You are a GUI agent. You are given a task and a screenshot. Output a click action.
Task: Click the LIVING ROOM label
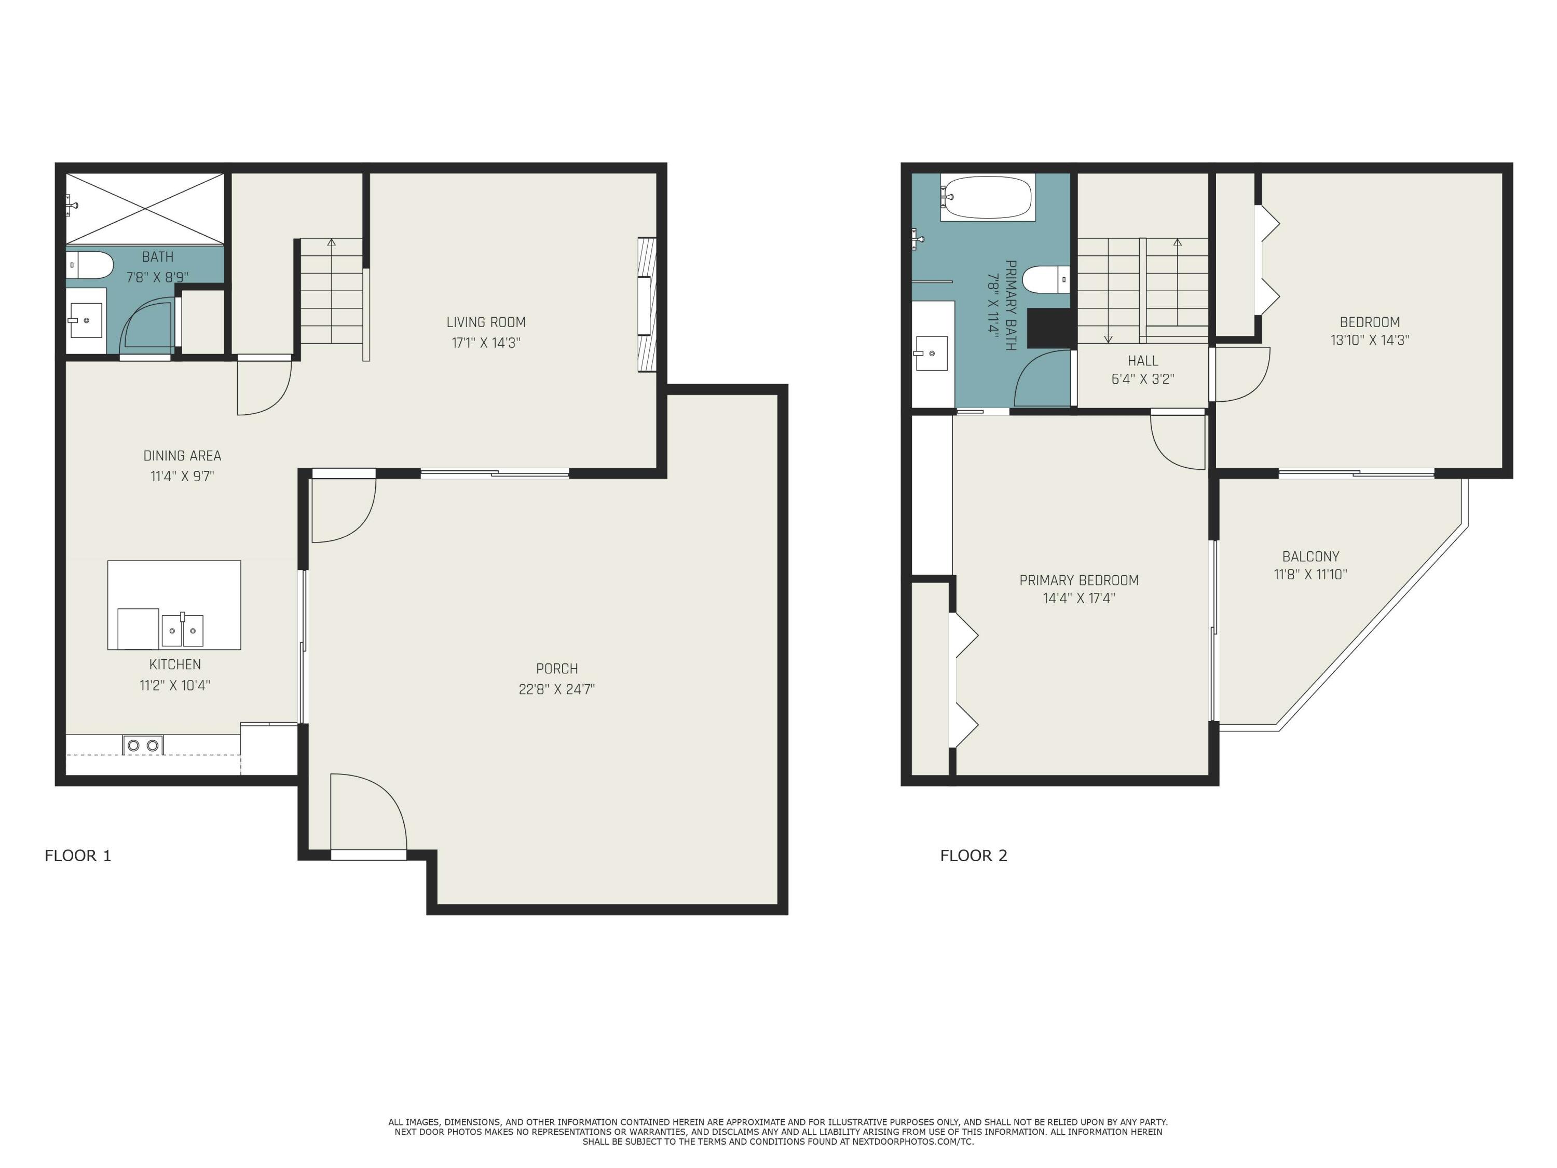[486, 322]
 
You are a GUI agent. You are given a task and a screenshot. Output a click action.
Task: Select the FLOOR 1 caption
[78, 855]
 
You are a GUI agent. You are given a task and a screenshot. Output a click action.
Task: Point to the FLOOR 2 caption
[974, 855]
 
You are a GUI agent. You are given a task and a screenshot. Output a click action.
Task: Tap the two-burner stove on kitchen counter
[143, 745]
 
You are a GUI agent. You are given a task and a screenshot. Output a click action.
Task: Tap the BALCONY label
[1310, 556]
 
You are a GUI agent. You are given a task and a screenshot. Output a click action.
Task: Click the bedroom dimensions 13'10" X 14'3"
[1369, 340]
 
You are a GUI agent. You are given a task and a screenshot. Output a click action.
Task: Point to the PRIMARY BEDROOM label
[1078, 580]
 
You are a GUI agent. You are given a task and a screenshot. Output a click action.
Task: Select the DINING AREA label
[182, 455]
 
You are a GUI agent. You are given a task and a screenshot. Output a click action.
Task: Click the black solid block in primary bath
[1049, 328]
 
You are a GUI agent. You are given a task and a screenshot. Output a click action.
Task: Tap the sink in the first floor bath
[86, 321]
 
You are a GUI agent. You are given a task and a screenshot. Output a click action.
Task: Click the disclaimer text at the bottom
[778, 1131]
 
